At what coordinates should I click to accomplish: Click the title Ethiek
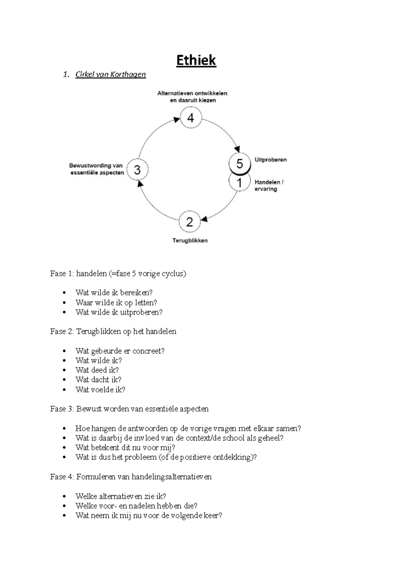196,60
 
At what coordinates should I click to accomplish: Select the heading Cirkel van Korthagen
111,74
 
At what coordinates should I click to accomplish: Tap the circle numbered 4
191,118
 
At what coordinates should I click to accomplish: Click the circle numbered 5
240,163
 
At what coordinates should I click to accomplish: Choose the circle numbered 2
190,222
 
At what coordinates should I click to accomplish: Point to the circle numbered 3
138,170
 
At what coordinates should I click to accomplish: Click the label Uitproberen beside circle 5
270,160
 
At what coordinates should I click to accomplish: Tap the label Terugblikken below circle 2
190,240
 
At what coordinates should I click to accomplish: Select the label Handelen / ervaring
269,186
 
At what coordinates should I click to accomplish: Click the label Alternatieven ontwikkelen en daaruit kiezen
192,97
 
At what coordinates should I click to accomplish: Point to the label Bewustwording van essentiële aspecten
97,169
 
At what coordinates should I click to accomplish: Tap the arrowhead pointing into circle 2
204,219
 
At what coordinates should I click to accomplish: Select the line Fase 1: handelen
118,274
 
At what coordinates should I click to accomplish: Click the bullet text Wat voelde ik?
100,390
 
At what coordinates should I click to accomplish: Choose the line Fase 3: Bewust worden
129,409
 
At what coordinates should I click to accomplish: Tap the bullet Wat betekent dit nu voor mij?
125,447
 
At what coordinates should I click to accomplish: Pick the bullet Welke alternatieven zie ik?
121,496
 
